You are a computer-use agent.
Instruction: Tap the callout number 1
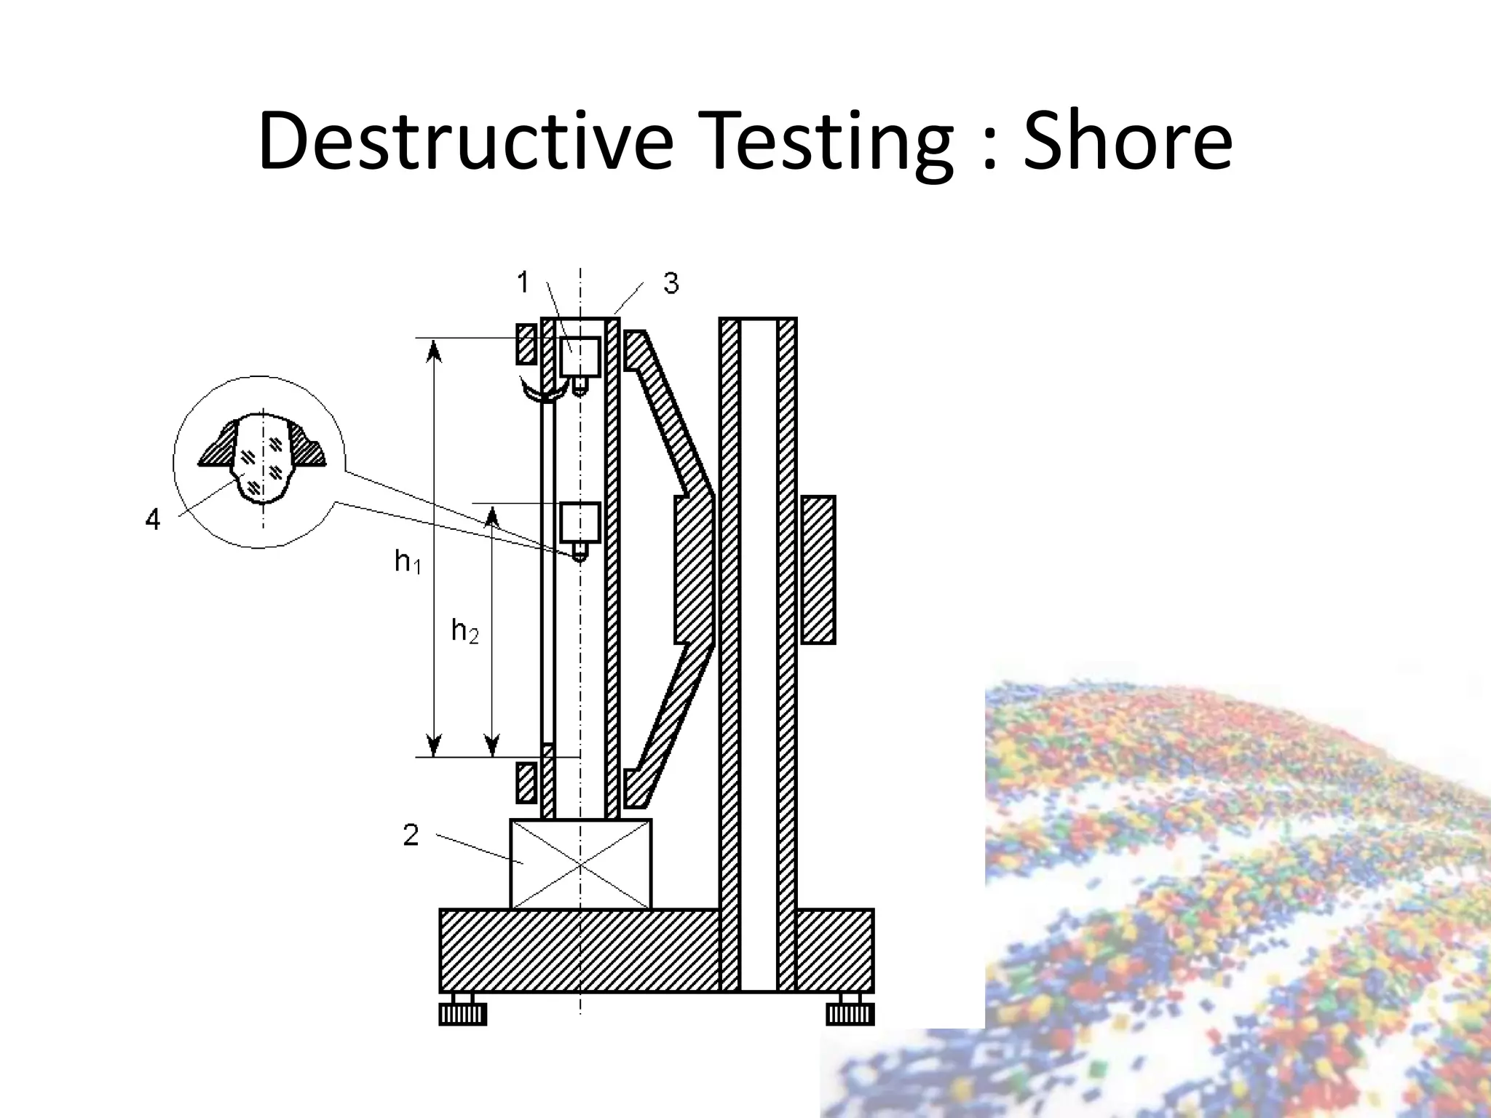(x=523, y=282)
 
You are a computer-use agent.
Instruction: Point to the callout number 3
(x=671, y=283)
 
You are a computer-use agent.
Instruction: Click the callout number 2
(x=411, y=836)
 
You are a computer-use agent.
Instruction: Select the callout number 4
(x=152, y=520)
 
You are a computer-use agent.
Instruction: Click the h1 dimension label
(x=407, y=561)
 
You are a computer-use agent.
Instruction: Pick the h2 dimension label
(x=464, y=630)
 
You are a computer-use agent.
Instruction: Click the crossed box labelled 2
(x=580, y=864)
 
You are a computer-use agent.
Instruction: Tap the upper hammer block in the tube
(x=580, y=357)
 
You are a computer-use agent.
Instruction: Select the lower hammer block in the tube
(x=580, y=522)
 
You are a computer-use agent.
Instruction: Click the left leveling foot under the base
(x=462, y=1013)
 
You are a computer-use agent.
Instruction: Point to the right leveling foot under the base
(x=850, y=1013)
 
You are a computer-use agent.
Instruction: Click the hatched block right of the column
(x=818, y=569)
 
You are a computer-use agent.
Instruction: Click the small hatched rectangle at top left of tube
(x=526, y=344)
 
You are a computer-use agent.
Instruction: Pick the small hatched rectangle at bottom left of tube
(x=526, y=782)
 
